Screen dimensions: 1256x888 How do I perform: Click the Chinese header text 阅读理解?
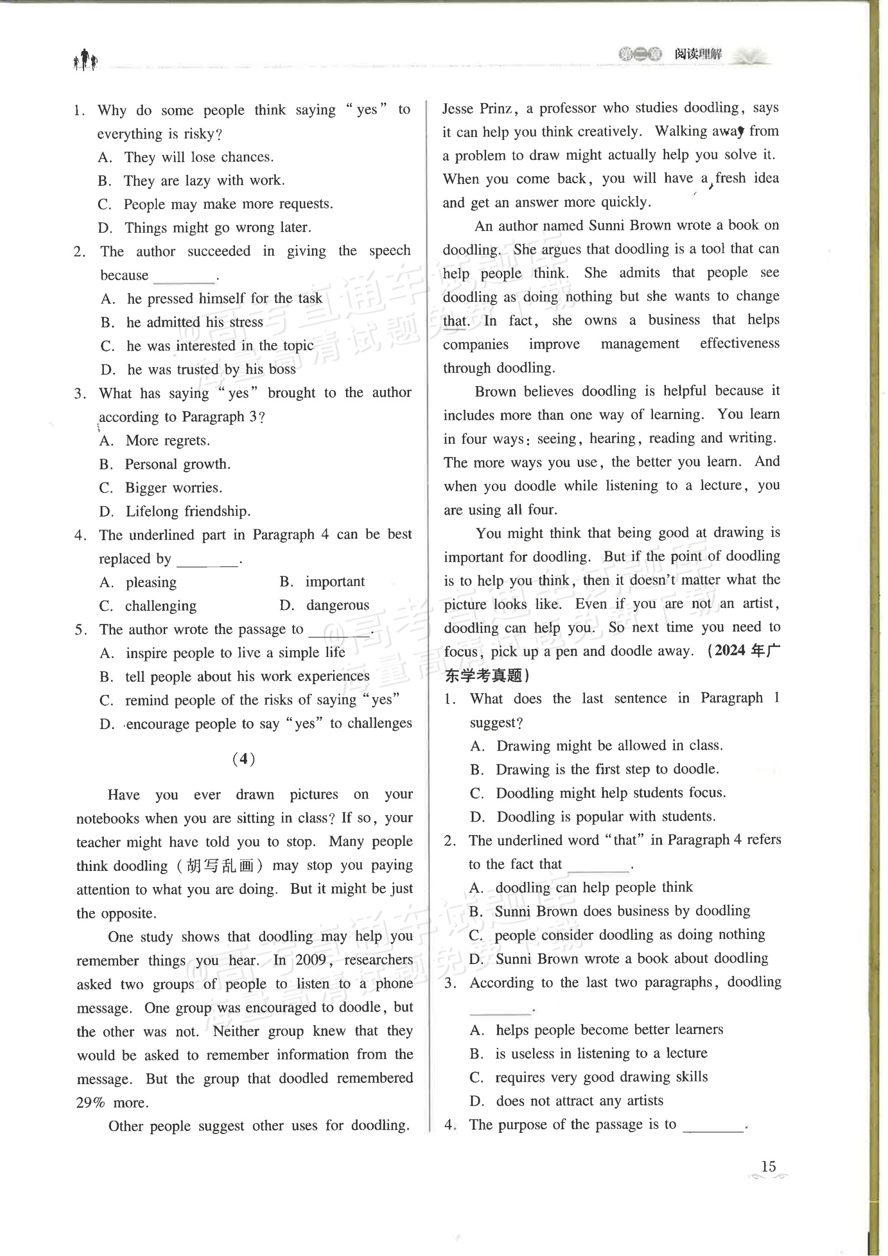pos(698,54)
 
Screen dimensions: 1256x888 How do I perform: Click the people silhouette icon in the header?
pos(85,60)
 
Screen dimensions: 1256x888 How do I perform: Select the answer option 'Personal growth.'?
pos(178,464)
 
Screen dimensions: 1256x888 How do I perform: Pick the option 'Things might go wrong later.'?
pos(218,227)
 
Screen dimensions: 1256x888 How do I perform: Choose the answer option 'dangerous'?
pos(337,605)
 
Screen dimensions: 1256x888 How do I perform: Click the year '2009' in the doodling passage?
pos(311,960)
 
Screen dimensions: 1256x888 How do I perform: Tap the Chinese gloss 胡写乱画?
pos(220,866)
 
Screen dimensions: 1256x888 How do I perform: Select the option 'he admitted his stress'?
pos(195,322)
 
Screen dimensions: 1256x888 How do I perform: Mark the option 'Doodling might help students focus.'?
pos(611,793)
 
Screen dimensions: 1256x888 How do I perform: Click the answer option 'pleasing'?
pos(151,583)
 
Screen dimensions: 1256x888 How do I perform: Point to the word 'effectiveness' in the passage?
pos(739,343)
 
